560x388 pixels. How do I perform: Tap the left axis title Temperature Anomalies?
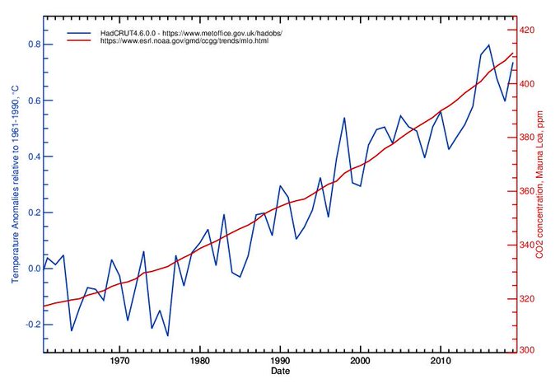14,189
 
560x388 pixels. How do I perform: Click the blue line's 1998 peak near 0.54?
344,118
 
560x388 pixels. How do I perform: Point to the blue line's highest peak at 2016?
488,44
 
